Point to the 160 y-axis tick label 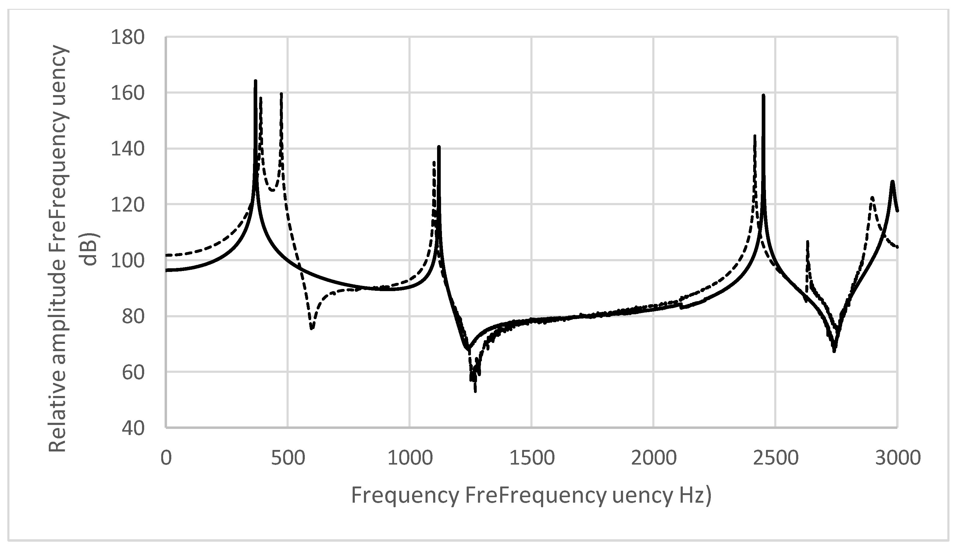pyautogui.click(x=127, y=93)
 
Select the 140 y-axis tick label pyautogui.click(x=127, y=149)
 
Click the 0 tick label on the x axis pyautogui.click(x=166, y=458)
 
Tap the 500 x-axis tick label pyautogui.click(x=288, y=458)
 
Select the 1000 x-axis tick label pyautogui.click(x=410, y=458)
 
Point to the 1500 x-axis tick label pyautogui.click(x=532, y=458)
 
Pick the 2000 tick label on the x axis pyautogui.click(x=654, y=458)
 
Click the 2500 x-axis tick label pyautogui.click(x=775, y=458)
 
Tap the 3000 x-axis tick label pyautogui.click(x=897, y=458)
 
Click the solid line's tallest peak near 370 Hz pyautogui.click(x=256, y=81)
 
